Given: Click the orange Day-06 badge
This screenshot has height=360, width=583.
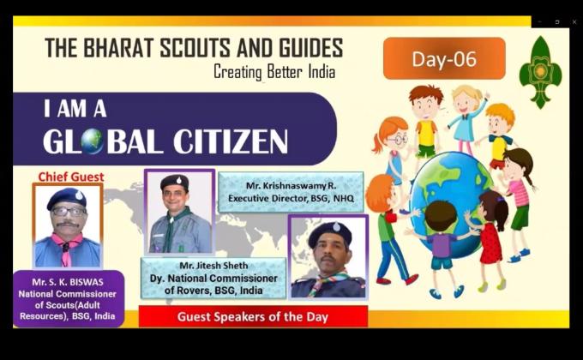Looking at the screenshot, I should [x=443, y=58].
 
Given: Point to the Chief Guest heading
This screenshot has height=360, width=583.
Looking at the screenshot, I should [x=71, y=177].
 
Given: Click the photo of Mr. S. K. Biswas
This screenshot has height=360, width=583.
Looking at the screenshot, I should [x=67, y=225].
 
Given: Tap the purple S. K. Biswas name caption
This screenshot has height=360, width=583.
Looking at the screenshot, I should [x=68, y=297].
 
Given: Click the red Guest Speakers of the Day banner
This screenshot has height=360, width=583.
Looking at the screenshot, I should [x=253, y=316].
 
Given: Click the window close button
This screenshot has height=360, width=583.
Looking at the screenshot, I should [x=574, y=21].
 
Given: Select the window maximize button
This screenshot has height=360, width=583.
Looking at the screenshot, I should [x=557, y=21].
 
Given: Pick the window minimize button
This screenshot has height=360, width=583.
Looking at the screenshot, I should [x=540, y=21].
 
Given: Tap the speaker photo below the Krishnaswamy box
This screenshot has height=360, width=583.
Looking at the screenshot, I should [x=328, y=255].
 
